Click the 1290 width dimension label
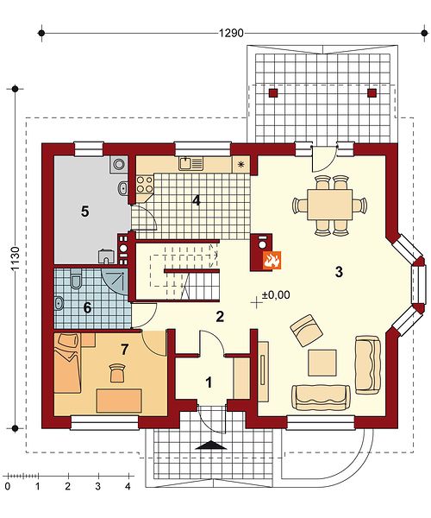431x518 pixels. (x=231, y=33)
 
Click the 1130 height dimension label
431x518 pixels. (x=16, y=259)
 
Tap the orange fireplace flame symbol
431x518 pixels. (x=272, y=260)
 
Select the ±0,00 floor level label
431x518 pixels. (x=276, y=294)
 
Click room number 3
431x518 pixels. (x=339, y=272)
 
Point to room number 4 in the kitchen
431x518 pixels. (x=197, y=200)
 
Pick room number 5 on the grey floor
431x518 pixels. (x=85, y=212)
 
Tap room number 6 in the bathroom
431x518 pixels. (x=87, y=308)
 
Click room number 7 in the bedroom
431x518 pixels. (x=124, y=350)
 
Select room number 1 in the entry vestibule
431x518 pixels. (x=209, y=382)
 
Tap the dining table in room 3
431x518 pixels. (x=329, y=204)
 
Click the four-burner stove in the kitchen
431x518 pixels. (x=145, y=185)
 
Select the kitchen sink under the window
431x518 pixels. (x=191, y=163)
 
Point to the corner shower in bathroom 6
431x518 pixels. (x=116, y=281)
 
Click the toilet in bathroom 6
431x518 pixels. (x=76, y=281)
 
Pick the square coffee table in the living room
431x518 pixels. (x=322, y=363)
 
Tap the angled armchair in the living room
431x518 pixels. (x=306, y=330)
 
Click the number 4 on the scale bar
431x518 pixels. (x=128, y=486)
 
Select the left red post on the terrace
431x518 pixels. (x=273, y=93)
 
